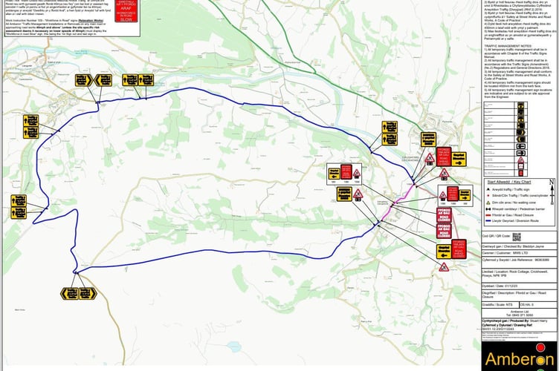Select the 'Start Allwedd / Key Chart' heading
coord(510,181)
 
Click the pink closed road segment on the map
coord(421,196)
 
